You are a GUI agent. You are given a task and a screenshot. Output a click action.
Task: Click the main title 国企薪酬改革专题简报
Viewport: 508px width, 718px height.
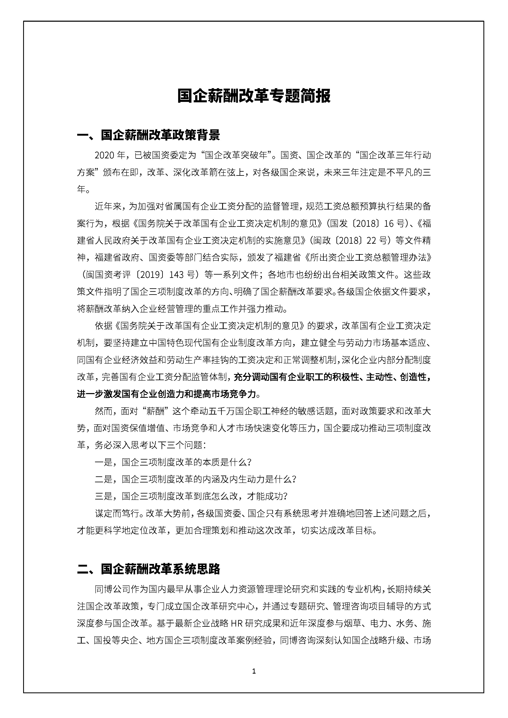coord(254,96)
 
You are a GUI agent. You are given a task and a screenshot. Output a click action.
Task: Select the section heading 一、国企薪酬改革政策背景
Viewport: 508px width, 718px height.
coord(149,135)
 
